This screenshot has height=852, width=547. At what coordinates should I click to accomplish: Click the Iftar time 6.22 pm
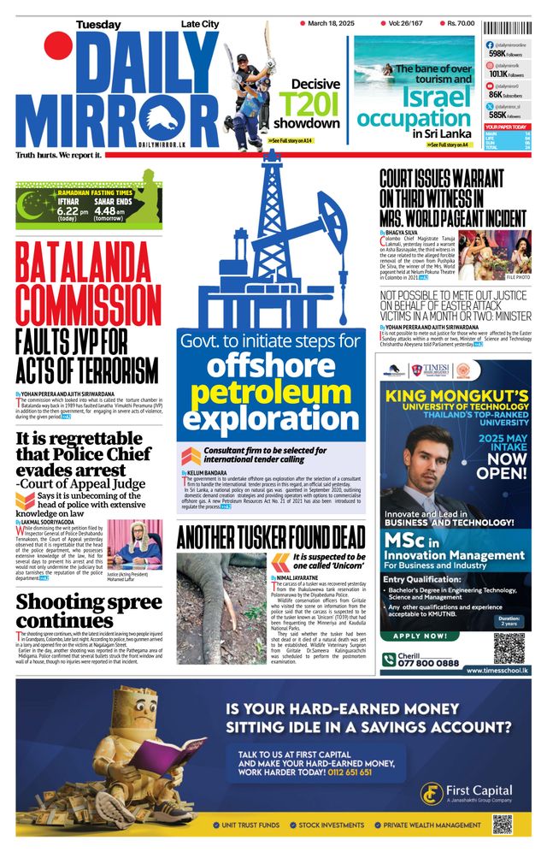click(73, 210)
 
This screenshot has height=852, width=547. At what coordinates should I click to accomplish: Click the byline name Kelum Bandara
click(209, 472)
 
